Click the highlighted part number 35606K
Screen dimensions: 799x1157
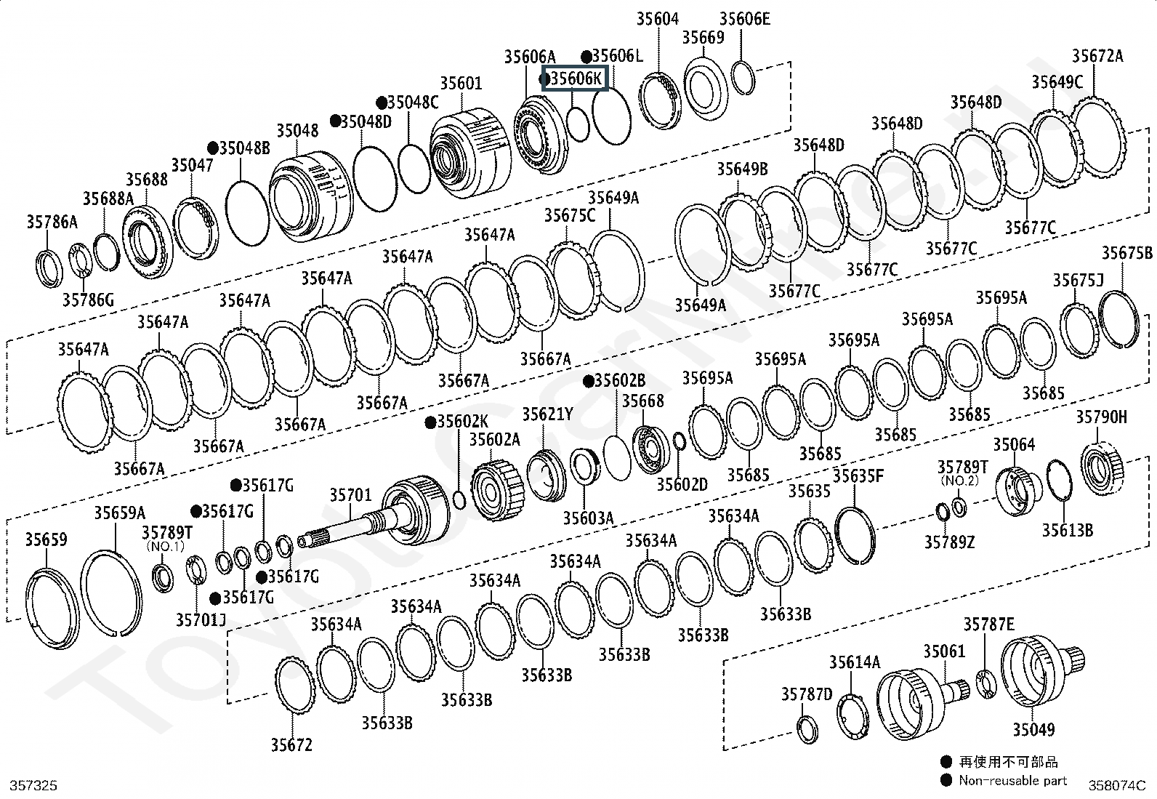click(x=576, y=78)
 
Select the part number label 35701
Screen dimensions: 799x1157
click(x=350, y=495)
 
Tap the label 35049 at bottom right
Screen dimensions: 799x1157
click(x=1033, y=729)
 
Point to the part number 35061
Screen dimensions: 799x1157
click(x=944, y=651)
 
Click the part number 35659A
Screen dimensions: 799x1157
click(x=119, y=513)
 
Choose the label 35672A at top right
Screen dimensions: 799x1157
click(x=1097, y=55)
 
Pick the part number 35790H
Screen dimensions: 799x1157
click(x=1101, y=417)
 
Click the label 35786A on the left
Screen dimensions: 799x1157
click(x=52, y=222)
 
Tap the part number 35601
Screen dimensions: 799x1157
click(x=461, y=84)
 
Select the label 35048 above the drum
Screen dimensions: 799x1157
click(x=297, y=130)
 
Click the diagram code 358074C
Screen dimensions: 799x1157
click(x=1116, y=785)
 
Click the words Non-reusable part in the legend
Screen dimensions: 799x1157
click(x=1012, y=780)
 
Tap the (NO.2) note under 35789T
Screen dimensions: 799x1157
click(x=959, y=481)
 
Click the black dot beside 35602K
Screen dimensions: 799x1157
click(x=430, y=422)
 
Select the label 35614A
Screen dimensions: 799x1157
click(x=854, y=662)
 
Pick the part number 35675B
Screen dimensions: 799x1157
click(x=1126, y=253)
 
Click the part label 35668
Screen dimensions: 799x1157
click(x=642, y=401)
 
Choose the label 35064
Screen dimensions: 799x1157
click(x=1014, y=444)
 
